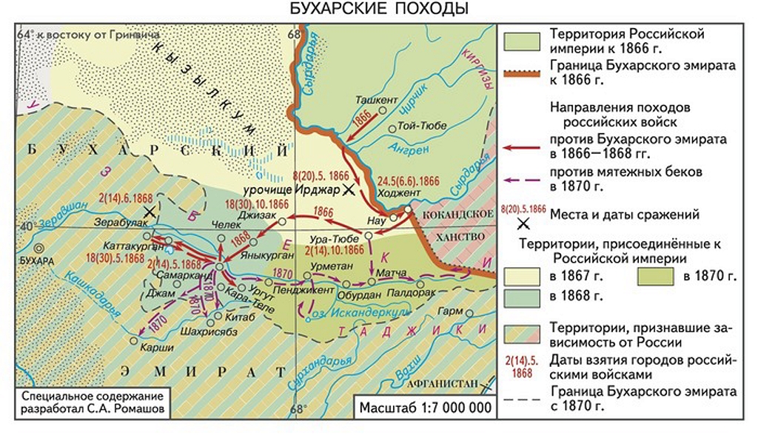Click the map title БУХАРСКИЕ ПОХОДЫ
click(379, 10)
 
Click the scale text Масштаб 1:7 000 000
click(425, 408)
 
